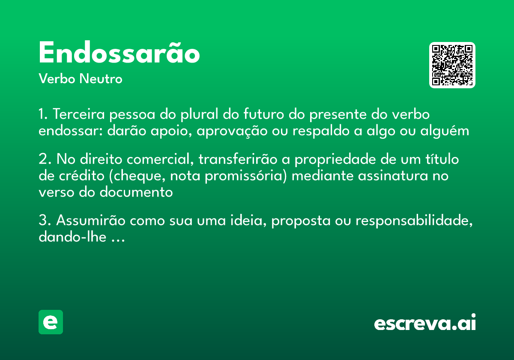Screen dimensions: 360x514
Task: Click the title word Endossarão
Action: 119,54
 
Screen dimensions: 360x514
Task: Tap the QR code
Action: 452,65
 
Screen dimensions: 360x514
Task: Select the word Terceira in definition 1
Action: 80,115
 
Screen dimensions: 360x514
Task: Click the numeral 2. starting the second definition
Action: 45,159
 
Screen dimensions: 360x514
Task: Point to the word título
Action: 440,159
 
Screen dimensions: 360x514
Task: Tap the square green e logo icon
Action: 51,322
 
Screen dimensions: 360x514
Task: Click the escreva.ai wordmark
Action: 424,323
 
